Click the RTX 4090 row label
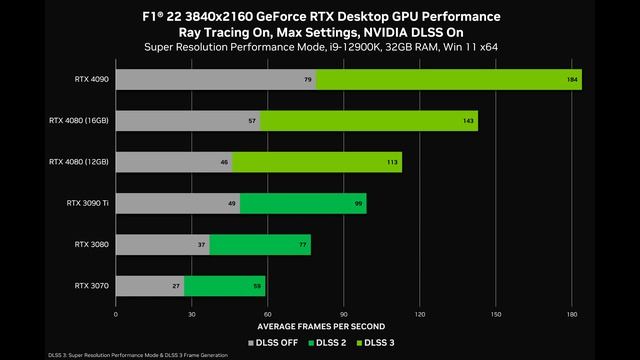(92, 79)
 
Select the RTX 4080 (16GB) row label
(79, 121)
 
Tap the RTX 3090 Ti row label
(88, 203)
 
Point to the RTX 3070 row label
(92, 285)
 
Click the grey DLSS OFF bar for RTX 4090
(216, 80)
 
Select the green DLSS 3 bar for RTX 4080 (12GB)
(317, 162)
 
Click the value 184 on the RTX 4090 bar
(573, 80)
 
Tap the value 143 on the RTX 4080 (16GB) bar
(469, 121)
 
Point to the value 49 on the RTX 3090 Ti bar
(232, 203)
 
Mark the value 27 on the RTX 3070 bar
(176, 285)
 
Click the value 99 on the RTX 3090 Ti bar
(358, 203)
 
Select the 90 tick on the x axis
(344, 314)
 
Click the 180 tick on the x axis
(572, 314)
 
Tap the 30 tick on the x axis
(192, 314)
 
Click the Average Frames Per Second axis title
(320, 327)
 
